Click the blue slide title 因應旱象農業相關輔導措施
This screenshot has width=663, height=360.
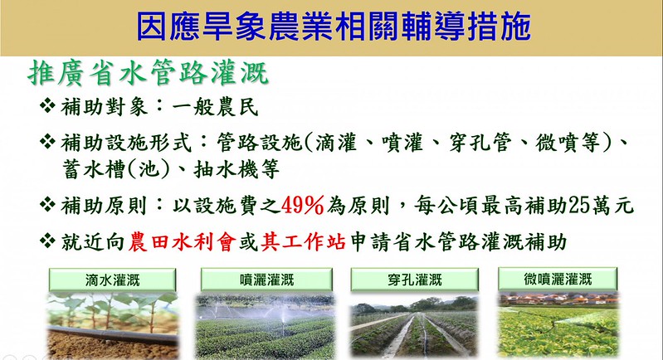tap(334, 27)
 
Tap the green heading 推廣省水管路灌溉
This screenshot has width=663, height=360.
tap(148, 74)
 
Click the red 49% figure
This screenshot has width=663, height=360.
tap(302, 206)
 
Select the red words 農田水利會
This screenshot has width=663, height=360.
tap(183, 242)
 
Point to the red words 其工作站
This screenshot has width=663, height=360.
tap(303, 242)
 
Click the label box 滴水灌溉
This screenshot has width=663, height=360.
tap(112, 280)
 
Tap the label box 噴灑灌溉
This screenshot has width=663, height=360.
tap(266, 280)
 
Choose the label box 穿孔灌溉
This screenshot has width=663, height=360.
tap(414, 280)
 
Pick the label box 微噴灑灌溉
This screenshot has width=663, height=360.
tap(558, 279)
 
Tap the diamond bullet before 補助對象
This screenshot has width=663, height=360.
tap(47, 105)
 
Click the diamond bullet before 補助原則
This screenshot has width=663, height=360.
tap(47, 205)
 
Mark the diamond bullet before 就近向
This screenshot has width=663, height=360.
tap(47, 241)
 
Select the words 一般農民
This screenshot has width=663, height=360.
tap(215, 106)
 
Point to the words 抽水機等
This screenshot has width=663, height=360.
tap(236, 170)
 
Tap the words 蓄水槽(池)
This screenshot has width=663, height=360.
tap(116, 170)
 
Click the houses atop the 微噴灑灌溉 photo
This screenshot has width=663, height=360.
tap(558, 299)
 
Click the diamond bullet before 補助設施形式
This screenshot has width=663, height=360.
tap(47, 142)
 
